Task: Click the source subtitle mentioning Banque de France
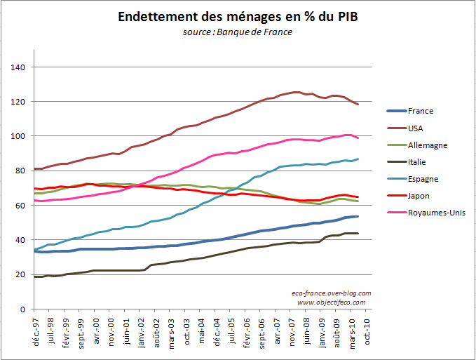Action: click(x=238, y=32)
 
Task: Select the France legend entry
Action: click(x=421, y=111)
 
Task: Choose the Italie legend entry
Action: click(x=418, y=162)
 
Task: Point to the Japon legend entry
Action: click(x=419, y=196)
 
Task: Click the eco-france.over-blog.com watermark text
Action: click(x=331, y=293)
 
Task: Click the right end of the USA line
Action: click(x=358, y=105)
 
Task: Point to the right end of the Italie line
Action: click(x=358, y=233)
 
